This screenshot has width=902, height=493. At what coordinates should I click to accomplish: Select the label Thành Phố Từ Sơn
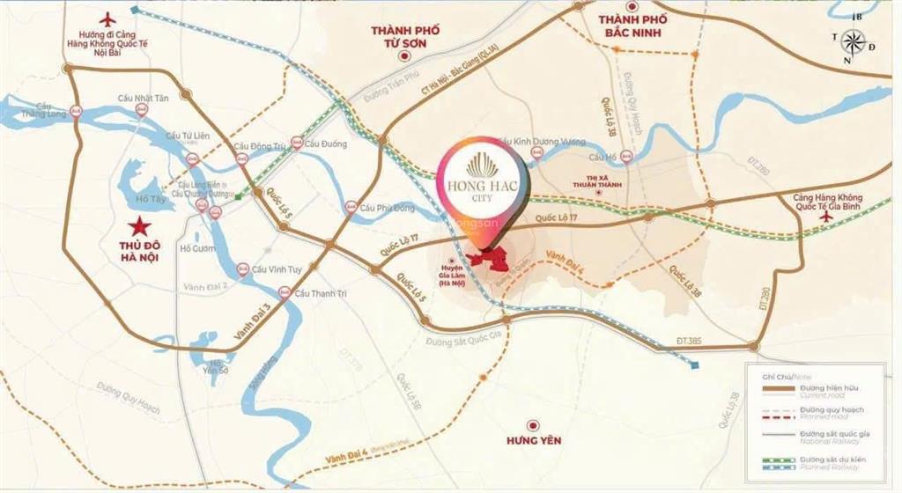[406, 36]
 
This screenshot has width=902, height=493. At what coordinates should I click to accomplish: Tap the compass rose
[853, 40]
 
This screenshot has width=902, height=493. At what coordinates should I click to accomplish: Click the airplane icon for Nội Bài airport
[108, 18]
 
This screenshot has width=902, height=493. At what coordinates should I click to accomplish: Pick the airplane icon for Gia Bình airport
[826, 215]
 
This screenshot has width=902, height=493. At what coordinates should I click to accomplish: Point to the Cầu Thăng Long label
[32, 108]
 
